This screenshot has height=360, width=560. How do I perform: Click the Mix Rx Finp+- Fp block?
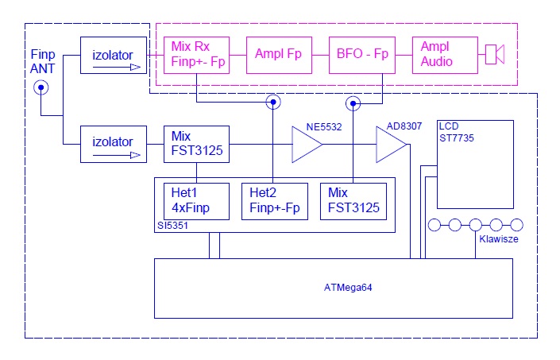click(196, 55)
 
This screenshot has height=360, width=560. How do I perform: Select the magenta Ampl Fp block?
click(279, 55)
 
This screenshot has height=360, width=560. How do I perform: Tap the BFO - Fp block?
click(361, 55)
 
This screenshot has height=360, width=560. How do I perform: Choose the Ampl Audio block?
click(444, 55)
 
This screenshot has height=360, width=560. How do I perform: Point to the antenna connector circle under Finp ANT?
click(40, 89)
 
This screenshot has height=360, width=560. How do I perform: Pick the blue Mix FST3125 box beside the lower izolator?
click(196, 144)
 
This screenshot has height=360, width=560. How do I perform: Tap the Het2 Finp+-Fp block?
click(273, 200)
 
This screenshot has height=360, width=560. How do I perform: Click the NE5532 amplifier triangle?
click(306, 145)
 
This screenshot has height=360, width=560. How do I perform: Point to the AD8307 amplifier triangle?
click(391, 145)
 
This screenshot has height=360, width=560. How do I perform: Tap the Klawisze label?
click(498, 238)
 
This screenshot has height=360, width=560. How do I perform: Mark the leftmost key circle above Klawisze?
click(434, 225)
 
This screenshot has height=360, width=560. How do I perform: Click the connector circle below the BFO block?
click(353, 102)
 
